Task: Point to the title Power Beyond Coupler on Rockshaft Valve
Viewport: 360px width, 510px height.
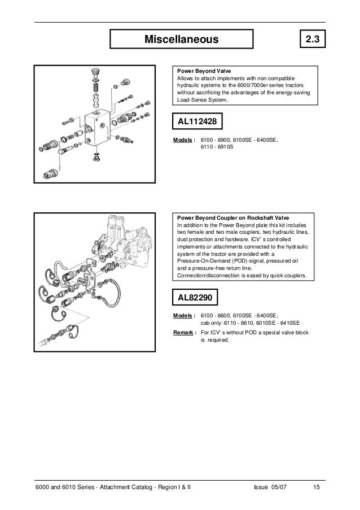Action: pyautogui.click(x=233, y=217)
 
